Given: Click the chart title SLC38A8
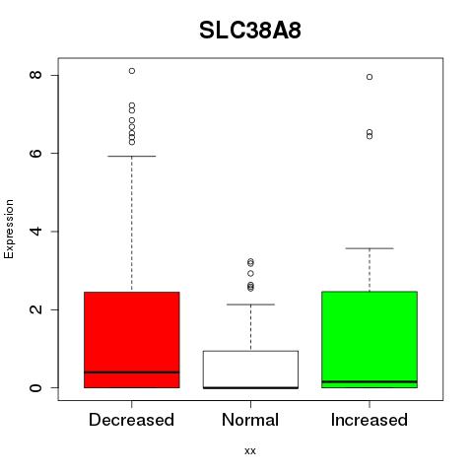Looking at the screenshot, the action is pos(250,31).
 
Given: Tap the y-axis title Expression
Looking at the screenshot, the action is pos(9,229).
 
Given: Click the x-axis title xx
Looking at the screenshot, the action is pos(250,450).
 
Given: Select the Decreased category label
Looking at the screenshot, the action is pos(131,420).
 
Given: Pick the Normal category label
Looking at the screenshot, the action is pos(250,420).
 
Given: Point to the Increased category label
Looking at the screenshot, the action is pos(370,420).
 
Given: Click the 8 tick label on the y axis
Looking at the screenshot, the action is pos(35,75).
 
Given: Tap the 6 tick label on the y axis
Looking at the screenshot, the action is pos(35,153).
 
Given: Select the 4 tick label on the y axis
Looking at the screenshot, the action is pos(35,232).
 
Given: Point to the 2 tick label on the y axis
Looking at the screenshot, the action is pos(35,309).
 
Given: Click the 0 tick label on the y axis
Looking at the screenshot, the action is pos(35,387).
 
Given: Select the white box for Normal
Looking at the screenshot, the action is pos(250,370).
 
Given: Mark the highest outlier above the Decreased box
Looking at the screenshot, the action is pos(132,71).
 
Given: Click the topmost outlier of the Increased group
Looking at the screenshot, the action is pos(370,77).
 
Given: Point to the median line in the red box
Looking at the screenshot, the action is pos(132,372).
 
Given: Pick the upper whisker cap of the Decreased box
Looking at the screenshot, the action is pos(132,156).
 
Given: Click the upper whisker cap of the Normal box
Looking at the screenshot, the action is pos(250,304).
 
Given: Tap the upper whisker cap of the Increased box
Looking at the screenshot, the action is pos(370,248).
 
